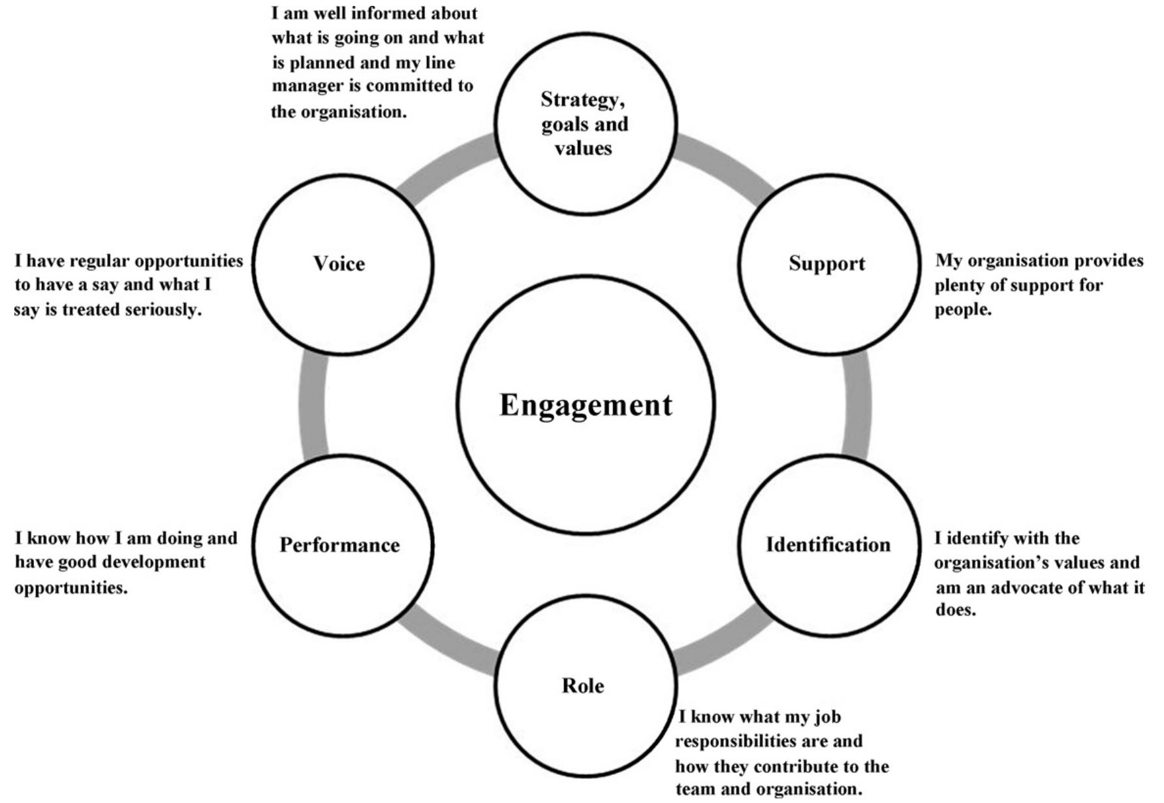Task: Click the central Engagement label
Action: tap(586, 405)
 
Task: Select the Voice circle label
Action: tap(339, 263)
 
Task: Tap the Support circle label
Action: tap(826, 263)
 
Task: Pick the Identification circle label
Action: tap(828, 544)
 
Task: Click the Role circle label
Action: tap(583, 685)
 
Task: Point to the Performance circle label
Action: tap(339, 545)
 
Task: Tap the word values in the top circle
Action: tap(583, 148)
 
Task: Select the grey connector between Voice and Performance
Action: tap(313, 405)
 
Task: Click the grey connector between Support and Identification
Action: tap(857, 405)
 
